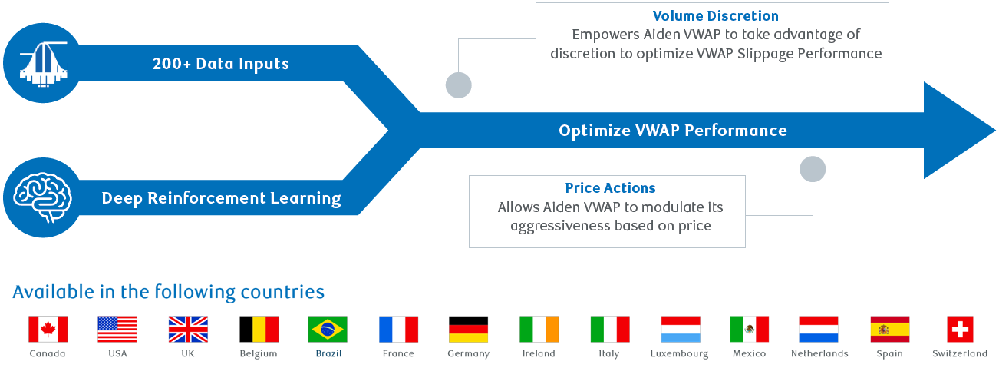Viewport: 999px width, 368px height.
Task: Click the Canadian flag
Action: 48,329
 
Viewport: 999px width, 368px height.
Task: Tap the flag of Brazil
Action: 328,329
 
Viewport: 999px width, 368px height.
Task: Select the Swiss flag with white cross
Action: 960,329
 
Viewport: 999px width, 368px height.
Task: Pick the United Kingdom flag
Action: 188,329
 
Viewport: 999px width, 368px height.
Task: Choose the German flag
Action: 468,329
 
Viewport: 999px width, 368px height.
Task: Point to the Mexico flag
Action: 749,329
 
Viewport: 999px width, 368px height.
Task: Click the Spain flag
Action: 890,329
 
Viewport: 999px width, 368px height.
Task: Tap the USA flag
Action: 117,329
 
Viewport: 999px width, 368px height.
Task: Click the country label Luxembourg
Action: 679,353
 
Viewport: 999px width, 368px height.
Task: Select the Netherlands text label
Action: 819,353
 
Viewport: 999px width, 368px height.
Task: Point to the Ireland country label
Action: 539,353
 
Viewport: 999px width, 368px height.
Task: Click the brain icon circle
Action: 42,197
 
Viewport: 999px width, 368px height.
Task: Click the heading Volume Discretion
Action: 715,16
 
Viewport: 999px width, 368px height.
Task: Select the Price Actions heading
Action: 610,188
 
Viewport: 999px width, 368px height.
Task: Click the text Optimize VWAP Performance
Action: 672,131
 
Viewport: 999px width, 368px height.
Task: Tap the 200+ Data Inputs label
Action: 221,64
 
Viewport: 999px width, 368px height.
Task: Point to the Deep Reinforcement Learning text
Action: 221,198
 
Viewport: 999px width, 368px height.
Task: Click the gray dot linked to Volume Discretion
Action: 459,85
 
